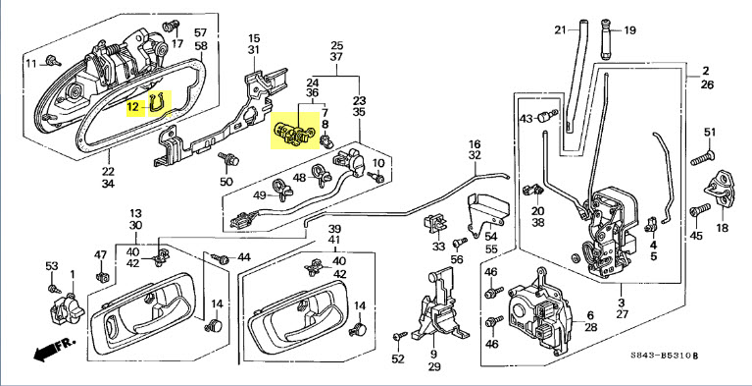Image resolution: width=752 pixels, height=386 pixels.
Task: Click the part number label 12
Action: tap(132, 106)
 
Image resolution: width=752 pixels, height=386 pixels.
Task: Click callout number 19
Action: tap(629, 30)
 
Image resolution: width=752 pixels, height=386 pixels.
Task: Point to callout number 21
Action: tap(560, 30)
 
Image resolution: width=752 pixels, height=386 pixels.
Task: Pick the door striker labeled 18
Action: tap(720, 191)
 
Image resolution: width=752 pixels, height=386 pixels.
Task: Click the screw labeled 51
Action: tap(703, 158)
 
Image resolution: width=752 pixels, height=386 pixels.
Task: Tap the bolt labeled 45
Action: tap(700, 210)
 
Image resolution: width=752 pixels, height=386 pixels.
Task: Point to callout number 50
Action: tap(226, 182)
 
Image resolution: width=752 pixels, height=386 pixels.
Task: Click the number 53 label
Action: tap(52, 266)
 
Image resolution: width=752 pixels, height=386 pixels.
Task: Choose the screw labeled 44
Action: tap(220, 259)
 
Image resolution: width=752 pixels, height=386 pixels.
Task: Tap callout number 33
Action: tap(438, 247)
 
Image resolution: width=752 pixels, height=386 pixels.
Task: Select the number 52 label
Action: tap(398, 358)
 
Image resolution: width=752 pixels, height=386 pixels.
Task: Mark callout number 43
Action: tap(526, 118)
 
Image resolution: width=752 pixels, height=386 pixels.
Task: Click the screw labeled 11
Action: tap(54, 61)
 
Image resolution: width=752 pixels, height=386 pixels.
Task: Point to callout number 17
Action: tap(177, 44)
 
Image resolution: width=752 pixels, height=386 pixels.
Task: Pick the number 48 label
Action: tap(299, 178)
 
